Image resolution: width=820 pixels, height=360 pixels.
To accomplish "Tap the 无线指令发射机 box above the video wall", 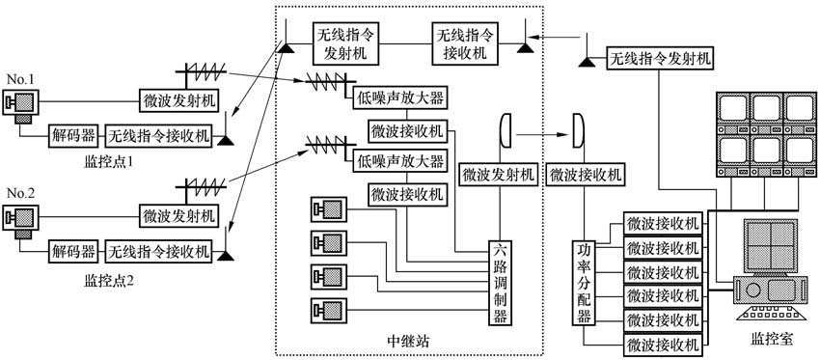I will click(x=661, y=60).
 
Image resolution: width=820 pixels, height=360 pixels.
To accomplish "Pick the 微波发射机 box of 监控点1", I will click(x=179, y=100).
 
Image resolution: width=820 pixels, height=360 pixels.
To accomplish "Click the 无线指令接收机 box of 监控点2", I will click(x=158, y=253).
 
